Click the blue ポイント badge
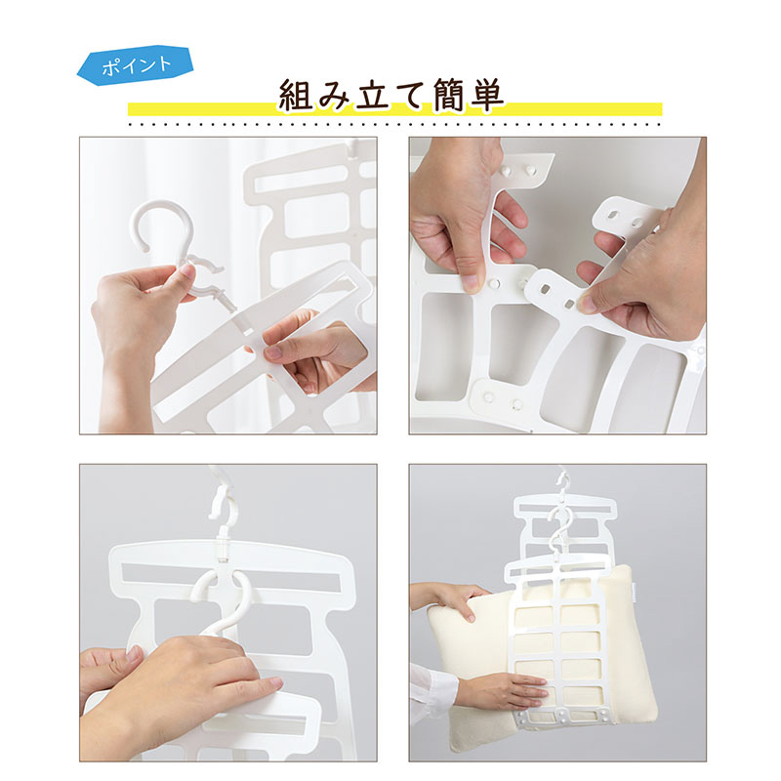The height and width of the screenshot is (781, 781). (x=136, y=65)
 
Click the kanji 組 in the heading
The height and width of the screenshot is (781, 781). (x=298, y=96)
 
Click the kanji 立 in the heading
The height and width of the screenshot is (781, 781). (x=374, y=96)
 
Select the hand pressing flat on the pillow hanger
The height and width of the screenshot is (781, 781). (x=503, y=690)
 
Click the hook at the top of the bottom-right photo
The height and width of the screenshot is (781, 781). (x=563, y=482)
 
